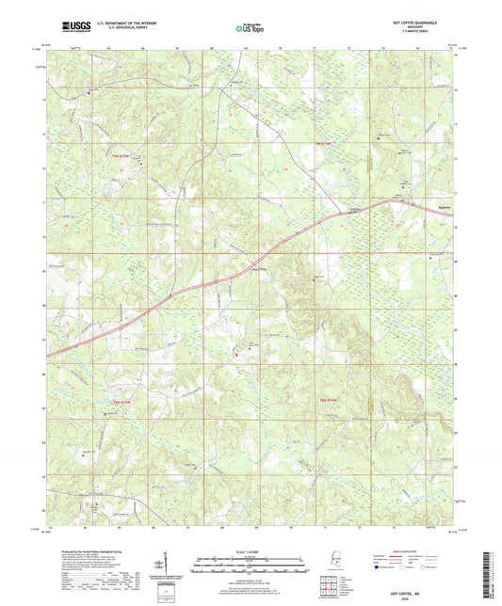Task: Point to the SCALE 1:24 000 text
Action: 251,550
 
